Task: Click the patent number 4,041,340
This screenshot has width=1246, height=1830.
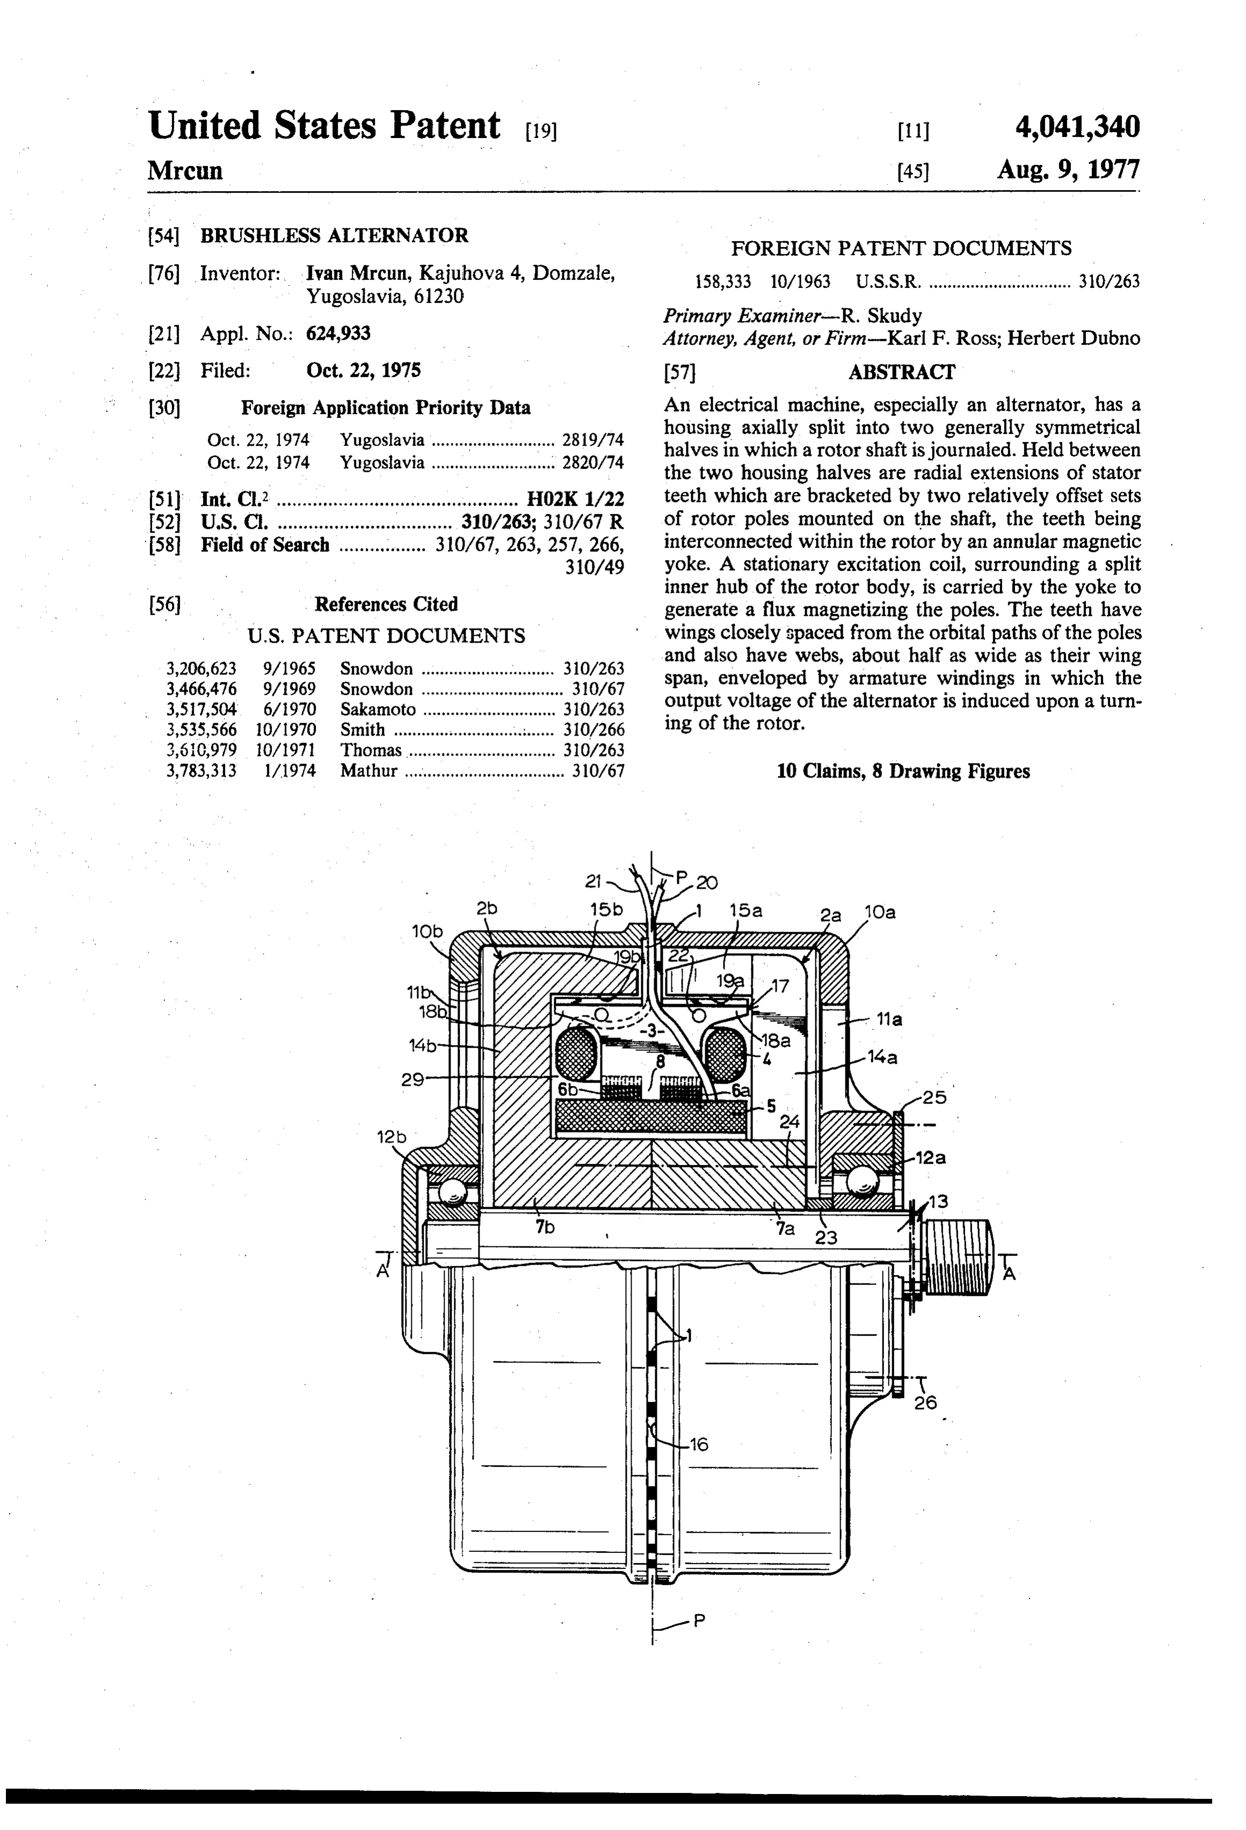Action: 1077,127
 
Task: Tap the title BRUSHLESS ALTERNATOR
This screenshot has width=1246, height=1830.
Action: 335,235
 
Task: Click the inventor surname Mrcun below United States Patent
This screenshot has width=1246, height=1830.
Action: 185,171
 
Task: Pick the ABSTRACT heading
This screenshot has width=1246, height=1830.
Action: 901,372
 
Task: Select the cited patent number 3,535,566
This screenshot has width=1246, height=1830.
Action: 201,730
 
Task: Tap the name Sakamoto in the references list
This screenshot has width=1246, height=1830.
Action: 378,709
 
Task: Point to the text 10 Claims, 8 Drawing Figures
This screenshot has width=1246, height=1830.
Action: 903,771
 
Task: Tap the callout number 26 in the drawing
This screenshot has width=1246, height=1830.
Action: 925,1403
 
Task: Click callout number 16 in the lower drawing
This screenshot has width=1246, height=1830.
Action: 699,1444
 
